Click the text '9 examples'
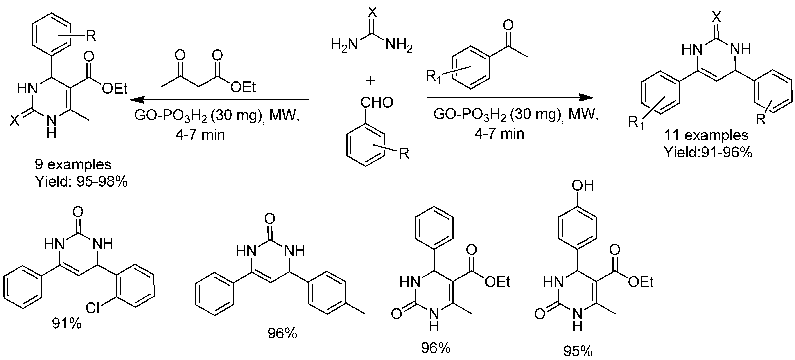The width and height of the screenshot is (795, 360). (x=73, y=164)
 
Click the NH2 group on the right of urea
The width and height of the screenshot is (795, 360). (x=399, y=46)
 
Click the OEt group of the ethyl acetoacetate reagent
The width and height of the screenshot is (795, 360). (x=243, y=87)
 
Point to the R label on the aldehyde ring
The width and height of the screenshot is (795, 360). (x=404, y=153)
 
